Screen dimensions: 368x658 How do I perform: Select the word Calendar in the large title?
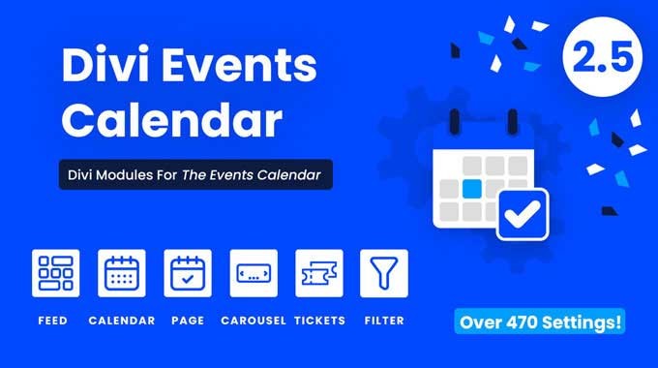coord(172,122)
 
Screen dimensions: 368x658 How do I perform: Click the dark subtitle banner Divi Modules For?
coord(195,175)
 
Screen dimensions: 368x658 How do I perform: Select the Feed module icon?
coord(56,273)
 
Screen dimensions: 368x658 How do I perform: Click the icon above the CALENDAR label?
coord(122,273)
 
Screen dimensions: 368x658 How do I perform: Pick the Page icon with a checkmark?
coord(188,273)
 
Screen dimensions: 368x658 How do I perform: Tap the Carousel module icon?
coord(254,273)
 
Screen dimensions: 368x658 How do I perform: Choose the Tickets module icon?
coord(318,273)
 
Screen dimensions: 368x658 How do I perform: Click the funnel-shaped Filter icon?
coord(384,273)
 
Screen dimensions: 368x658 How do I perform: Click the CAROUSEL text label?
coord(254,320)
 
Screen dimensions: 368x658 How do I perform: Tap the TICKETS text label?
coord(318,320)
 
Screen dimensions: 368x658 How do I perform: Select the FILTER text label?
coord(384,320)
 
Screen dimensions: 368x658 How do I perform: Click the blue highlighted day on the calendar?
coord(471,187)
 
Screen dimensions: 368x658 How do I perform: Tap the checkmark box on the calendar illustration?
coord(523,214)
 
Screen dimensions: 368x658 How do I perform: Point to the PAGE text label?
coord(188,320)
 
